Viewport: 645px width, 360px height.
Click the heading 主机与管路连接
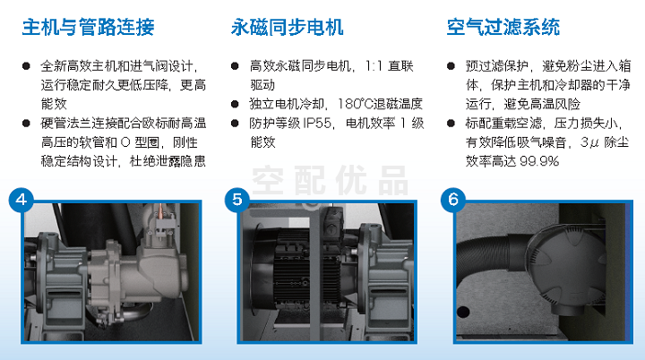[x=88, y=27]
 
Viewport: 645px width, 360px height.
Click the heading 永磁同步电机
[x=288, y=27]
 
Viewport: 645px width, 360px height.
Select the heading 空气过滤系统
[x=503, y=27]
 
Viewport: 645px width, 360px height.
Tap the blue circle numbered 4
[x=21, y=200]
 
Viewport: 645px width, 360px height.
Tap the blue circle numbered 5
[x=236, y=200]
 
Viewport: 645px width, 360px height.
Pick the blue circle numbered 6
[x=453, y=200]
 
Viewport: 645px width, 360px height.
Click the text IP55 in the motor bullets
[x=317, y=123]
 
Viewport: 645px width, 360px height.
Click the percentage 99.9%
[x=539, y=161]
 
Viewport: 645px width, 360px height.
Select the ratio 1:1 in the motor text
[x=374, y=66]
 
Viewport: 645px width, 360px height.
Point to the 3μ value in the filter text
[x=589, y=142]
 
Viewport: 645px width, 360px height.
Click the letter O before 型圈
[x=125, y=142]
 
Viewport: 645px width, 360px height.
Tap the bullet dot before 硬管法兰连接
[x=26, y=123]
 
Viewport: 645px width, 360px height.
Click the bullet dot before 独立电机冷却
[x=235, y=104]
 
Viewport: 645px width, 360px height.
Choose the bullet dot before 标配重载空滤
[x=451, y=123]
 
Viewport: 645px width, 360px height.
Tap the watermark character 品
[x=393, y=180]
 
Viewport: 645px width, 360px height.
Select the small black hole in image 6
[x=463, y=312]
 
